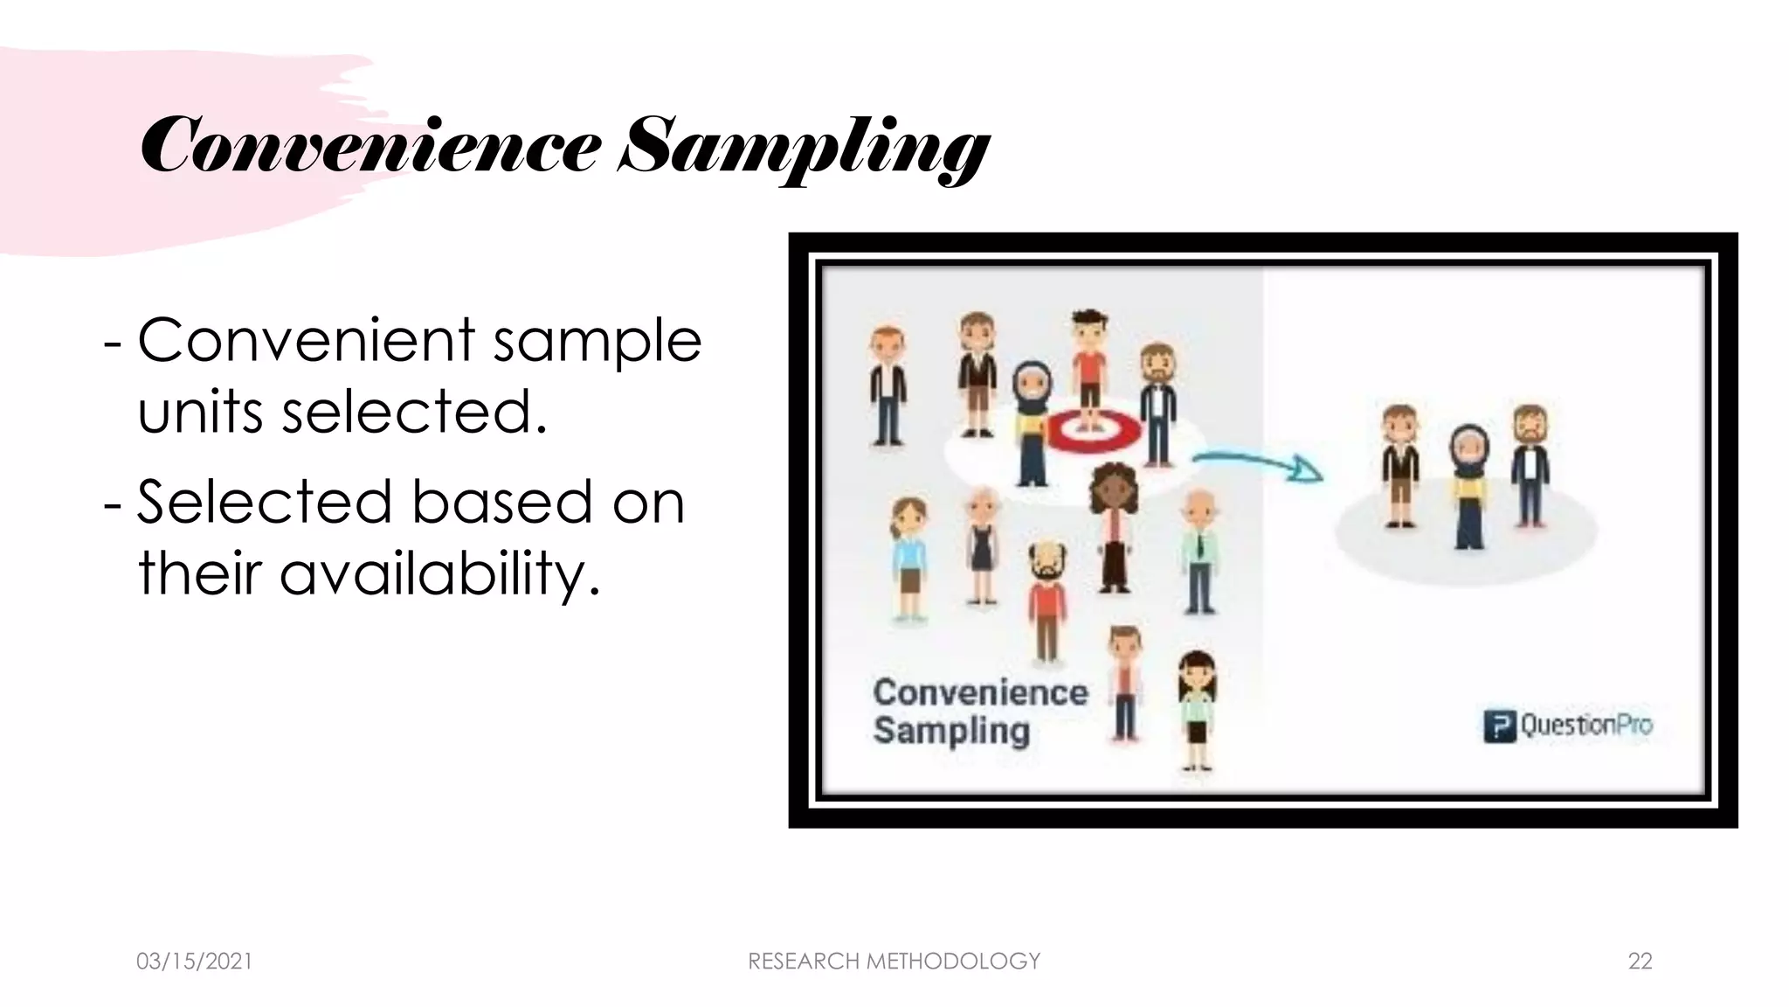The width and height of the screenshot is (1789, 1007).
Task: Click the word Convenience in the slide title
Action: [370, 147]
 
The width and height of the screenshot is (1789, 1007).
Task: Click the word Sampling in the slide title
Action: [804, 149]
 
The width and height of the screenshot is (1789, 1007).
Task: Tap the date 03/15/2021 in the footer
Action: [194, 961]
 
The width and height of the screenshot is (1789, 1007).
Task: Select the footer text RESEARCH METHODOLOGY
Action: [894, 961]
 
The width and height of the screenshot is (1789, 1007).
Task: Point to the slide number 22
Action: [1640, 961]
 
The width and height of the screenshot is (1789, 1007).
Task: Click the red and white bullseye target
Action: [1093, 429]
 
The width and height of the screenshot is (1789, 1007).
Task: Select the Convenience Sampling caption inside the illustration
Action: [979, 711]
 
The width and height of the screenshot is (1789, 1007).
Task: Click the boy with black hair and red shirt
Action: [1088, 367]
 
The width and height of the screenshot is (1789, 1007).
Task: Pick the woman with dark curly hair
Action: [1113, 524]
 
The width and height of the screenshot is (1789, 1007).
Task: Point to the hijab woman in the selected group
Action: [1469, 485]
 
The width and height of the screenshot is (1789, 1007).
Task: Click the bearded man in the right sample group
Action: [1530, 463]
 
